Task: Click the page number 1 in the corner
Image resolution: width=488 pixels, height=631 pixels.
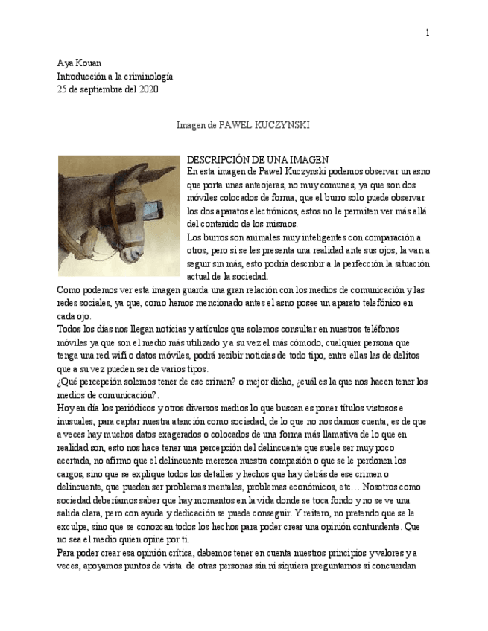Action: click(x=428, y=32)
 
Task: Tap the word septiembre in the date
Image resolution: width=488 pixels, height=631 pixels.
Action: click(x=93, y=89)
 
